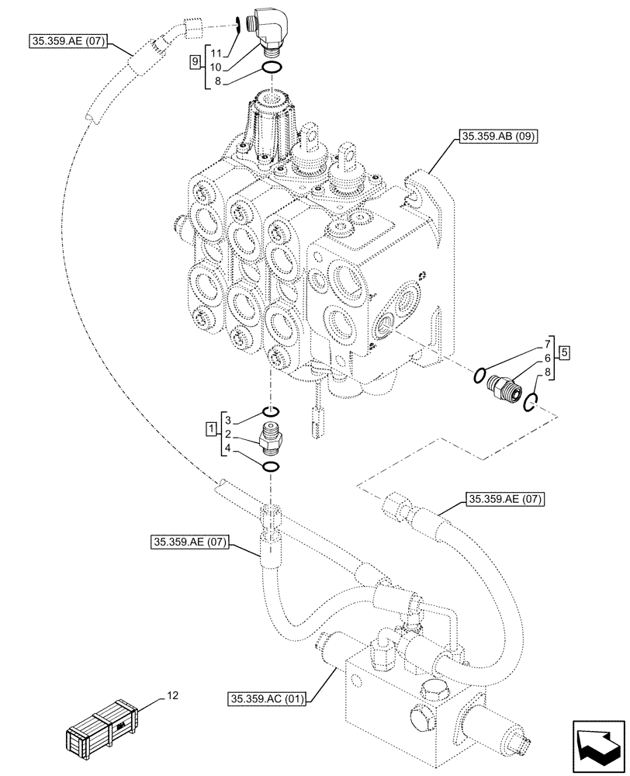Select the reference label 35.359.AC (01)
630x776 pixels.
tap(270, 698)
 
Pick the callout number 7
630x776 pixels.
tap(547, 342)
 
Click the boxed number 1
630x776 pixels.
tap(210, 428)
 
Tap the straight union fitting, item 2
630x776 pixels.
tap(270, 441)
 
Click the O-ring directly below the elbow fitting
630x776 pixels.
tap(271, 71)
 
